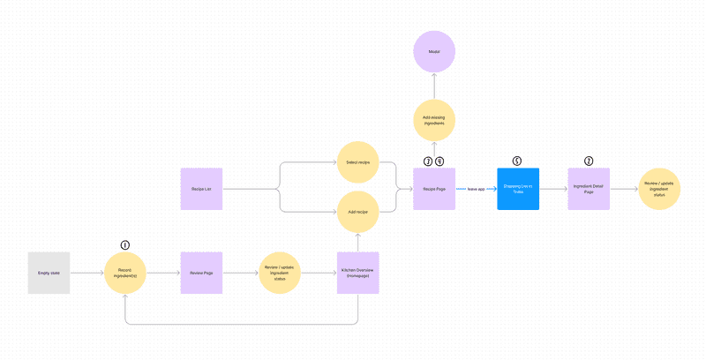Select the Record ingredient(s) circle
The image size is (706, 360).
tap(125, 274)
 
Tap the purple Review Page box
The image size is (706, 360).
tap(202, 274)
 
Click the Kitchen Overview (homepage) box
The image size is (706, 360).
tap(358, 274)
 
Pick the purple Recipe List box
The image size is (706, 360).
tap(202, 189)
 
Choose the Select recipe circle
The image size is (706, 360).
tap(358, 163)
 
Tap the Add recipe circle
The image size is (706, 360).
tap(358, 213)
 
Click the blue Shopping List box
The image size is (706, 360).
tap(517, 189)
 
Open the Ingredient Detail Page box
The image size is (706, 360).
tap(589, 189)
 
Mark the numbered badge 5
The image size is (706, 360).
tap(517, 161)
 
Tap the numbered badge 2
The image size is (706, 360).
tap(589, 161)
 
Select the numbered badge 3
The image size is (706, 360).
tap(428, 161)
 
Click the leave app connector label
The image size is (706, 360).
tap(477, 189)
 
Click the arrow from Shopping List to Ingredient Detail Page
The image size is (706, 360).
tap(553, 189)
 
